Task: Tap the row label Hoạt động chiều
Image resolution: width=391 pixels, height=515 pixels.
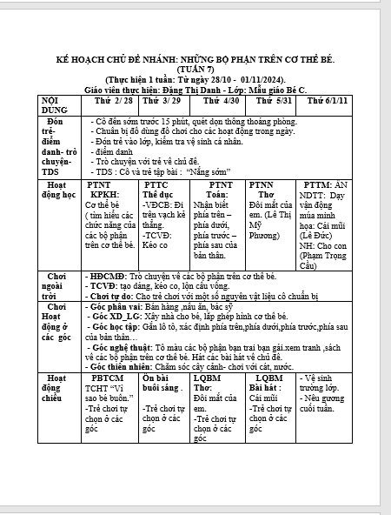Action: [58, 390]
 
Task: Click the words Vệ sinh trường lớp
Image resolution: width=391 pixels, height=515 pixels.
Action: [325, 384]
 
